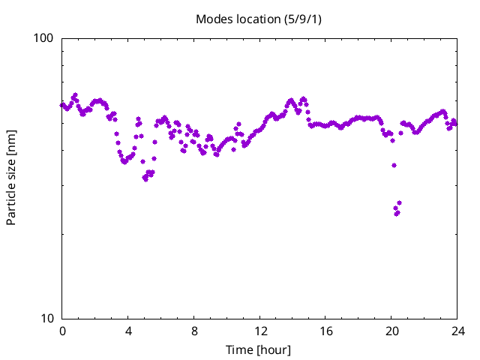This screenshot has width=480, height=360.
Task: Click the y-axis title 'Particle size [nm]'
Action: (x=11, y=178)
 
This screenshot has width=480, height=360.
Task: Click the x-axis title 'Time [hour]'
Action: (x=259, y=349)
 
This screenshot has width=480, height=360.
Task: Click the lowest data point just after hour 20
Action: (x=397, y=214)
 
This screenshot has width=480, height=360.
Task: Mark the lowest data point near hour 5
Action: (x=145, y=178)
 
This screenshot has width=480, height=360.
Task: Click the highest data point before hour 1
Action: (x=75, y=95)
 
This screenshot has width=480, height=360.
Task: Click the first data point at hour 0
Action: (x=62, y=105)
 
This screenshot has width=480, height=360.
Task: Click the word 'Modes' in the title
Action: (x=213, y=18)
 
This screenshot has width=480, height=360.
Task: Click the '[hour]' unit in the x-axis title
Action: (x=274, y=349)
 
